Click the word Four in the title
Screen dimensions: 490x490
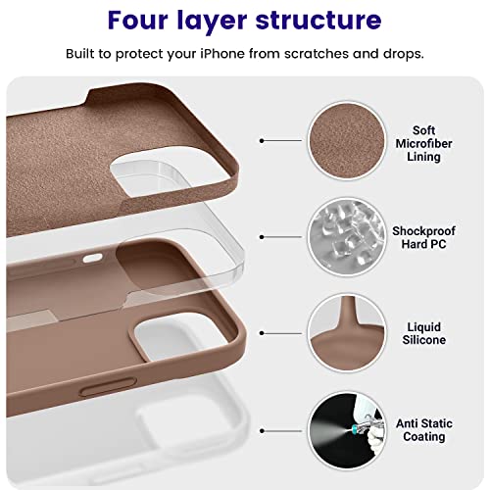(x=138, y=21)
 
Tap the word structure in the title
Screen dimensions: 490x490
(x=318, y=21)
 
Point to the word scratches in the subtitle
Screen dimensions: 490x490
(x=317, y=54)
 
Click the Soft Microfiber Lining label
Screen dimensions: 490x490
(x=423, y=143)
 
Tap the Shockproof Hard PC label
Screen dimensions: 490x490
(x=423, y=237)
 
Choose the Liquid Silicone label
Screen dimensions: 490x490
(x=424, y=333)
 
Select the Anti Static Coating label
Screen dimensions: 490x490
(x=424, y=430)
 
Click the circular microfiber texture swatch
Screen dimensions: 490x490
(x=347, y=140)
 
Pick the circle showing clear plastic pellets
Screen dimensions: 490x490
(x=347, y=237)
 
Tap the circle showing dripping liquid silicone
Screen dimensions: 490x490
(x=347, y=333)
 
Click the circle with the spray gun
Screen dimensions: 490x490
(x=347, y=431)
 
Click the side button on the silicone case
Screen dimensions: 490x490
(x=108, y=387)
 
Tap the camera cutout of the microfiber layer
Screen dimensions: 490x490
(x=170, y=170)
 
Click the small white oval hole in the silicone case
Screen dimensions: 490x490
(x=92, y=259)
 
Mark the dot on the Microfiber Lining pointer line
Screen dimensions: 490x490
(x=262, y=141)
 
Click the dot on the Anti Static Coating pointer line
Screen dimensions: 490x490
(x=262, y=431)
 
